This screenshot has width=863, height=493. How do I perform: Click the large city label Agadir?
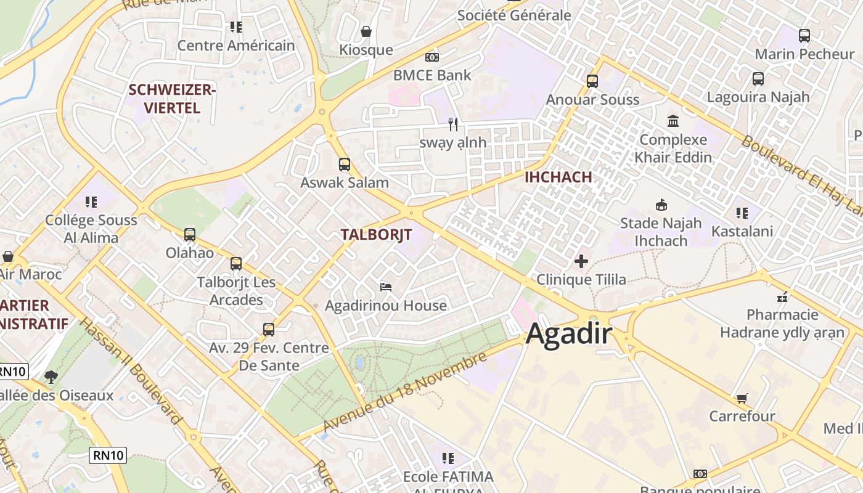pos(569,334)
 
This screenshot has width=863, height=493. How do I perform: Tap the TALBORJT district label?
pos(376,234)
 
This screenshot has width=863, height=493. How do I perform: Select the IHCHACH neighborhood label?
pos(558,177)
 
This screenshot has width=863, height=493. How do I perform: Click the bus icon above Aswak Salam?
pos(345,165)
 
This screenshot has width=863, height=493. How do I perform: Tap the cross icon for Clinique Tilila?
pos(581,262)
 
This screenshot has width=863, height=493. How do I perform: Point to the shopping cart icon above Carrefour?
pos(742,399)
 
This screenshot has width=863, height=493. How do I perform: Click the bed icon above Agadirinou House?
pos(386,287)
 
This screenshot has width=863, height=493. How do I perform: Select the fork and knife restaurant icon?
pos(453,124)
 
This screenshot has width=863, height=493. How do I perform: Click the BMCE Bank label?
pos(432,75)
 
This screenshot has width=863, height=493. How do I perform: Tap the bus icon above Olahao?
pos(190,235)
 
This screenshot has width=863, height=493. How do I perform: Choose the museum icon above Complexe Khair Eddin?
pos(673,121)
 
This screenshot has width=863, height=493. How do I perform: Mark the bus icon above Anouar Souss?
pos(592,81)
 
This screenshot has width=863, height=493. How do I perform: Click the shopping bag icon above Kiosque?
pos(366,31)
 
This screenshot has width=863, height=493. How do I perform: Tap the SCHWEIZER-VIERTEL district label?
pos(172,99)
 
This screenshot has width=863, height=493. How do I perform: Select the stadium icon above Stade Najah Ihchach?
pos(661,205)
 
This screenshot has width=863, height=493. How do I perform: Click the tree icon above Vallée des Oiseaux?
pos(51,377)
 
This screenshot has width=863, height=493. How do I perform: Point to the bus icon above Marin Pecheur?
pos(804,36)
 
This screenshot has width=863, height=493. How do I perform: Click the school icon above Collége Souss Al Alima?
pos(91,202)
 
